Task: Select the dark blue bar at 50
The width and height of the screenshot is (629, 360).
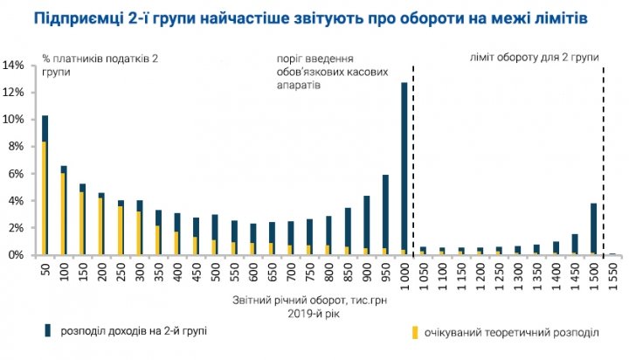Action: pyautogui.click(x=45, y=128)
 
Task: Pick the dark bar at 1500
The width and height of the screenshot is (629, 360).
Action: pyautogui.click(x=593, y=227)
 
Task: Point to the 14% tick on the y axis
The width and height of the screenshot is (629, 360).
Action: pyautogui.click(x=15, y=66)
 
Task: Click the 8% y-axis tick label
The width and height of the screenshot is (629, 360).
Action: pyautogui.click(x=17, y=147)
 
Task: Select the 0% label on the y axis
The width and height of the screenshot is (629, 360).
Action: pyautogui.click(x=17, y=255)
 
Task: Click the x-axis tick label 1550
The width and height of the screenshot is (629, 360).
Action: pyautogui.click(x=612, y=273)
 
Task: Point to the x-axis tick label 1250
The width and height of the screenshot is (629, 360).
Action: pyautogui.click(x=498, y=273)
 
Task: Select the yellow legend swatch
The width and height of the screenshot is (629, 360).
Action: pyautogui.click(x=411, y=333)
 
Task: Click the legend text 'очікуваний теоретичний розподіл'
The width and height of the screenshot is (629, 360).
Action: pyautogui.click(x=512, y=333)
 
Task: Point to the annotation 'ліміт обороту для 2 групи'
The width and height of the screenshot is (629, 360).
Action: pyautogui.click(x=532, y=58)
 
